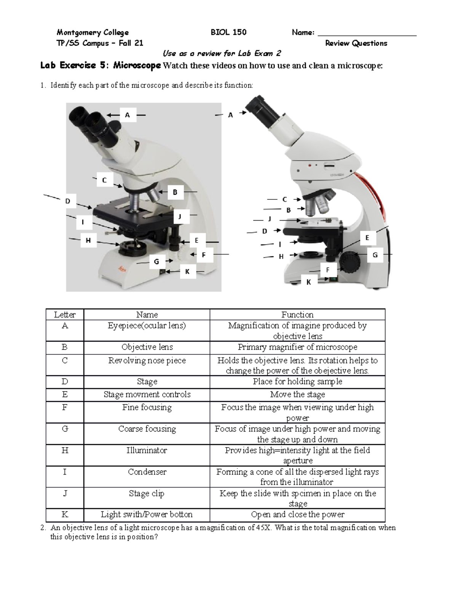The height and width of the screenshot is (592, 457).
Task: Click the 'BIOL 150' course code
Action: [x=228, y=32]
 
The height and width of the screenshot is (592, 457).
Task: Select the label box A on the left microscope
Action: [x=128, y=115]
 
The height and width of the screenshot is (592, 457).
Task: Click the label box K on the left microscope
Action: [x=187, y=272]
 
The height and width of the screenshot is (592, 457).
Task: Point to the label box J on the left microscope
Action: [x=179, y=217]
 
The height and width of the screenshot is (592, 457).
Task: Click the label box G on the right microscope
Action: [x=375, y=255]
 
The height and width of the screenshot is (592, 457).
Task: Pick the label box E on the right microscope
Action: [x=367, y=238]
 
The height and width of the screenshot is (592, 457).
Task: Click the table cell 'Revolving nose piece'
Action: [x=147, y=361]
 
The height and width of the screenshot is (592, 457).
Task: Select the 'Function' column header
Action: [x=297, y=314]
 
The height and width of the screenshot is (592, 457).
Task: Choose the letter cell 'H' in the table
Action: [x=65, y=451]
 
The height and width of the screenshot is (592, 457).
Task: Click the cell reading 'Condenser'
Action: [x=147, y=472]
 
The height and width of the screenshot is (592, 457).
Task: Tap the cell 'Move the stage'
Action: [x=297, y=395]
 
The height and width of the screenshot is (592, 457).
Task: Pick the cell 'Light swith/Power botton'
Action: [x=147, y=515]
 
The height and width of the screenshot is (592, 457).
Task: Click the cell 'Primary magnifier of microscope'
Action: [x=297, y=347]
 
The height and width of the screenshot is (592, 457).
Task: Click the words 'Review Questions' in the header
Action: [x=356, y=43]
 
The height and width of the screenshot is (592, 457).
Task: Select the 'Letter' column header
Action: [x=65, y=314]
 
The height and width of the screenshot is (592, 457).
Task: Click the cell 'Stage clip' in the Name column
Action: [x=147, y=494]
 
